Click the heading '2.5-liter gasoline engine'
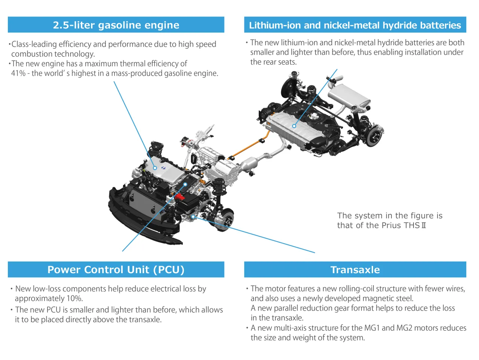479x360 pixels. tap(116, 25)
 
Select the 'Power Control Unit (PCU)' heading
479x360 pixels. tap(116, 270)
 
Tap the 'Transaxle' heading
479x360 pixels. tap(355, 270)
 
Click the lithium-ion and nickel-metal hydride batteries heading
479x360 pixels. tap(355, 25)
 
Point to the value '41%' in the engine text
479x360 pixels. tap(18, 73)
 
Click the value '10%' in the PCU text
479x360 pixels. tap(74, 299)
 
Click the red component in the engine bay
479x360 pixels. tap(180, 196)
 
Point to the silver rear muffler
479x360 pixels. tap(348, 96)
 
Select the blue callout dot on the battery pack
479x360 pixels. tap(294, 126)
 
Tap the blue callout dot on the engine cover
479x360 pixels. tap(155, 168)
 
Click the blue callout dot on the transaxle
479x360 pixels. tap(193, 216)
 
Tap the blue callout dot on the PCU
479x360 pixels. tap(185, 184)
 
